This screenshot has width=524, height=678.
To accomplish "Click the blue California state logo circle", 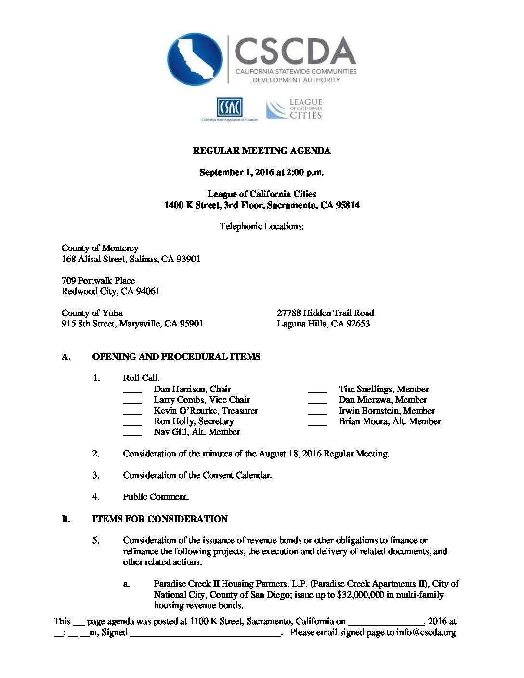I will click(x=195, y=59).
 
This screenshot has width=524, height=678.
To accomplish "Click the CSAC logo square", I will click(x=229, y=107).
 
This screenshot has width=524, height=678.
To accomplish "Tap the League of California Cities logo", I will click(x=294, y=109).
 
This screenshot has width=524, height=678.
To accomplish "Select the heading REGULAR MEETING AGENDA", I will click(x=262, y=151).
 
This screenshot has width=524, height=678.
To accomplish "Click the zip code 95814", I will click(x=347, y=205).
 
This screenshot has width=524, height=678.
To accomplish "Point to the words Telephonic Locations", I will click(x=262, y=226).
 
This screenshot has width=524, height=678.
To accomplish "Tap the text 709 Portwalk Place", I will click(x=98, y=281).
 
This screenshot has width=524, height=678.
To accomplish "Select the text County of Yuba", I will click(x=92, y=313).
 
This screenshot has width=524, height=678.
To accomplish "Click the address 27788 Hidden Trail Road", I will click(x=325, y=313).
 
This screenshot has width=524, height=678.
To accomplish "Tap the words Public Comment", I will click(x=156, y=497).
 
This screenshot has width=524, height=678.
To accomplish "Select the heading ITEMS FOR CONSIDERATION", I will click(x=160, y=519).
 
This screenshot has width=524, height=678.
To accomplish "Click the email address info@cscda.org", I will click(x=426, y=632).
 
